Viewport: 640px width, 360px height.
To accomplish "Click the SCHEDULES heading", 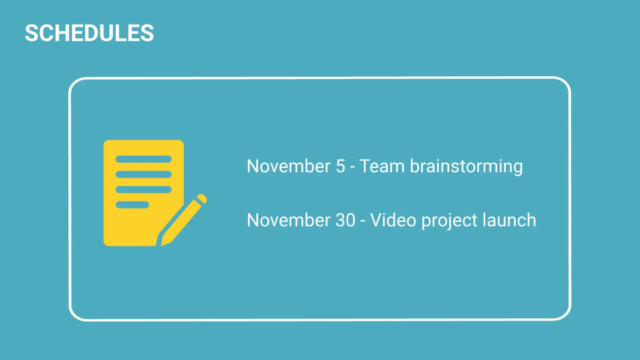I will click(89, 33).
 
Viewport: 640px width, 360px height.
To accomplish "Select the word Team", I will click(382, 166).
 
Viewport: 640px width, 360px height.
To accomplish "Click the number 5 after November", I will click(340, 166).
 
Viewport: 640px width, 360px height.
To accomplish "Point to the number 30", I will click(346, 220).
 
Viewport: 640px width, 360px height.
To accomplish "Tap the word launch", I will click(509, 220).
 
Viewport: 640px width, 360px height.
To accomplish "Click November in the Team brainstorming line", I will click(289, 166).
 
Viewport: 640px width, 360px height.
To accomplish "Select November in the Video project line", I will click(289, 220).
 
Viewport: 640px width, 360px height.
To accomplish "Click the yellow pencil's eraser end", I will click(201, 199).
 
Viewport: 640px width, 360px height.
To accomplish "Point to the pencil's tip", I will click(163, 243).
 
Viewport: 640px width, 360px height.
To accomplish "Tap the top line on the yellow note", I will click(143, 159).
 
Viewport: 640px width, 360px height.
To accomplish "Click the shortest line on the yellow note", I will click(132, 205).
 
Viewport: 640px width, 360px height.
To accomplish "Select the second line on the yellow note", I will click(143, 174).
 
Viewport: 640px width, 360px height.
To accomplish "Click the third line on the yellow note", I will click(143, 189).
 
